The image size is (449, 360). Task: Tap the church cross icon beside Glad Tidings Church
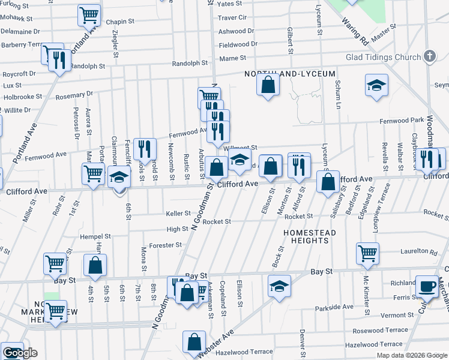429,56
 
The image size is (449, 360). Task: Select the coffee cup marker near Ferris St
427,286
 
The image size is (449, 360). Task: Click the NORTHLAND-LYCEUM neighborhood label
289,74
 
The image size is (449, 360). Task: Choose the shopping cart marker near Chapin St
89,14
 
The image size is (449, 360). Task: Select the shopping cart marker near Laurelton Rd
367,252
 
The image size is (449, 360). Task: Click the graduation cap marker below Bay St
280,286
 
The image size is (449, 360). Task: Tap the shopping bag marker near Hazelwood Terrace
194,343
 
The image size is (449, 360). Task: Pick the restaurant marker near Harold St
145,148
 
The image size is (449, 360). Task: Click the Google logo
20,353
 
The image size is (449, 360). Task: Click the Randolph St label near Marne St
189,63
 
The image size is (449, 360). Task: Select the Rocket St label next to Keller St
217,221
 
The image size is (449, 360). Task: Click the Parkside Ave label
334,307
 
